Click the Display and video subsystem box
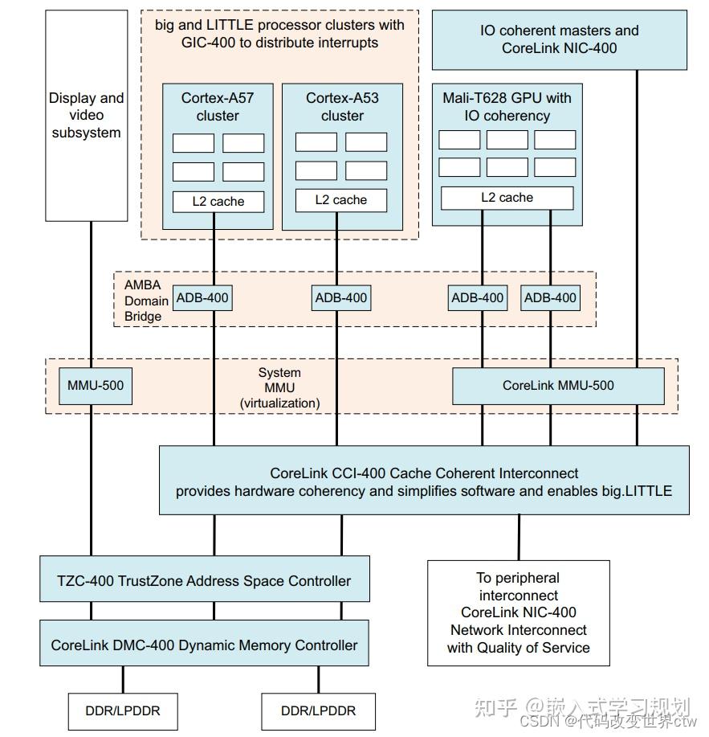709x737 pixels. [x=87, y=116]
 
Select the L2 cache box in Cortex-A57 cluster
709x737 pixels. [x=218, y=202]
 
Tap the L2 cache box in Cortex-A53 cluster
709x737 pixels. [x=341, y=200]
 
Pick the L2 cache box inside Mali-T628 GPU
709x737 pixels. [x=507, y=198]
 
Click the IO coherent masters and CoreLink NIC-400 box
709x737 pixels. [x=559, y=40]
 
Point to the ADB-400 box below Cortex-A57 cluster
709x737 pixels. [x=202, y=298]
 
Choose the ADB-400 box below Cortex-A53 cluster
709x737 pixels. [x=341, y=298]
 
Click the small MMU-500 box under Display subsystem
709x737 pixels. [x=96, y=386]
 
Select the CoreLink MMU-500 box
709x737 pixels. [x=558, y=386]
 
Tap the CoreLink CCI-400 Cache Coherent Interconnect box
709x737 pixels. [x=424, y=481]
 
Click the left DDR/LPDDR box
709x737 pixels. [x=123, y=711]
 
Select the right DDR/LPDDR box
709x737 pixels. [x=318, y=711]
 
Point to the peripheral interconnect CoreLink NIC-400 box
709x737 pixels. [x=519, y=613]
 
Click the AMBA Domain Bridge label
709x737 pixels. [x=146, y=301]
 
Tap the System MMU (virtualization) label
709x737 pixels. [x=280, y=387]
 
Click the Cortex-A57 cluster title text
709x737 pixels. [x=218, y=107]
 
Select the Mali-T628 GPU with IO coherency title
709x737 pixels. [x=507, y=107]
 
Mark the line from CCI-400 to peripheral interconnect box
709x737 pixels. [x=519, y=537]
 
